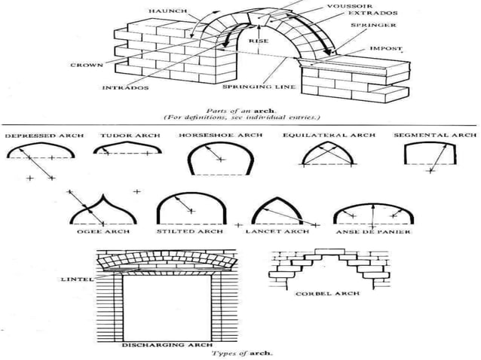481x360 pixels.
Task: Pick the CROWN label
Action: tap(87, 66)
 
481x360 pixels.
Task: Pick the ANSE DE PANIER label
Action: tap(371, 233)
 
